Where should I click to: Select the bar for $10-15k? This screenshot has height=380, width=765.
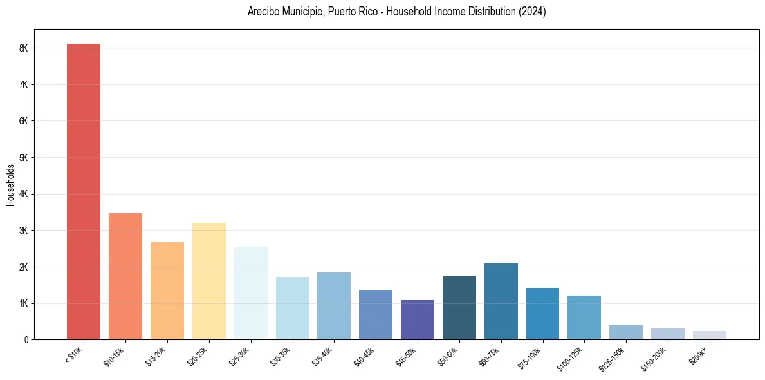click(125, 276)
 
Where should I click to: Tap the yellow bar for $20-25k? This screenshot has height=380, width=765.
click(209, 281)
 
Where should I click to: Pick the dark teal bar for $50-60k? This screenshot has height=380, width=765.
click(459, 308)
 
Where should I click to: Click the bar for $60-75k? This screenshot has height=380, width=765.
click(501, 301)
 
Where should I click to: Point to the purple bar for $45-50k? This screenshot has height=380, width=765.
click(418, 319)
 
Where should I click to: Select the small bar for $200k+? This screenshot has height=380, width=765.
click(710, 335)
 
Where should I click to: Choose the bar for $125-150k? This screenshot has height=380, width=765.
click(626, 332)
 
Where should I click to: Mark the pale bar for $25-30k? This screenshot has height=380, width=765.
click(251, 293)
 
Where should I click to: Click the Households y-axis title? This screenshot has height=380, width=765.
click(11, 185)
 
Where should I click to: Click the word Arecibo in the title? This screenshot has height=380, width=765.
click(263, 12)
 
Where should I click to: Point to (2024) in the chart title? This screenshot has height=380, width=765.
click(533, 12)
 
